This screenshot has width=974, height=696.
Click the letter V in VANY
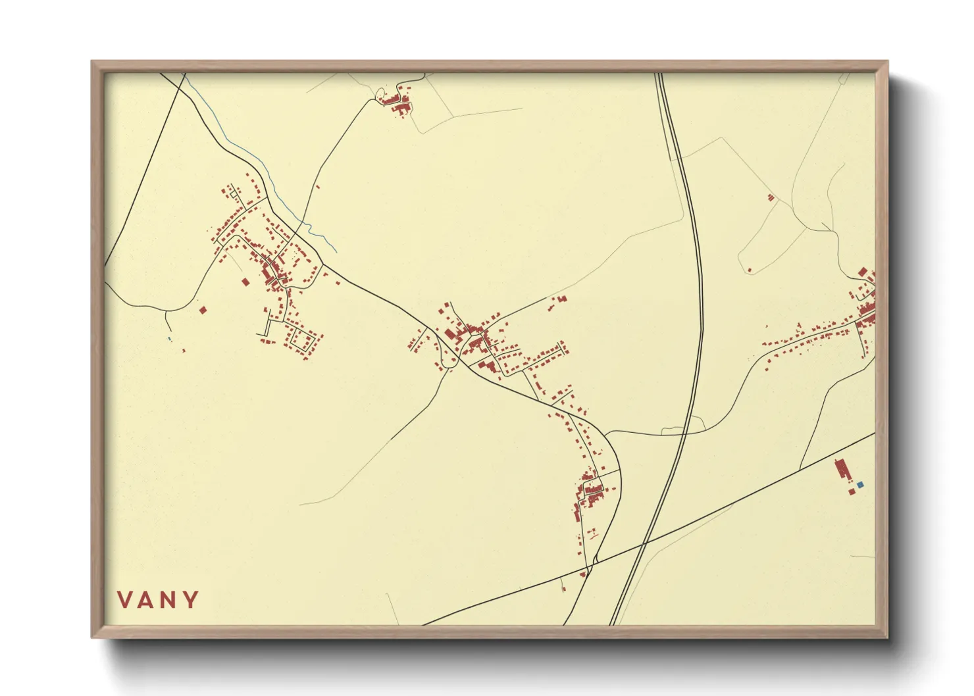[x=126, y=599]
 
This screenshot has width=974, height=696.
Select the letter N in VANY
[x=169, y=599]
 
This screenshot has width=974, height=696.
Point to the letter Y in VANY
[x=191, y=599]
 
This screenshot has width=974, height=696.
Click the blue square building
[x=860, y=485]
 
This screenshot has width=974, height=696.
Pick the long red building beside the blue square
[x=841, y=470]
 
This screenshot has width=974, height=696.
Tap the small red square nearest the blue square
[x=852, y=491]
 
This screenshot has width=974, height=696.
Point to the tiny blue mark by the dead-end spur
[x=169, y=339]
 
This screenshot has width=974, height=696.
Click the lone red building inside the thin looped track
[x=750, y=268]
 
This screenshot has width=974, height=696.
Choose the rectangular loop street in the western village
[x=302, y=338]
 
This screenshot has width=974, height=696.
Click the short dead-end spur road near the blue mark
[x=168, y=322]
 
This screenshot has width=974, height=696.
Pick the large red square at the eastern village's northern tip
[x=863, y=272]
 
